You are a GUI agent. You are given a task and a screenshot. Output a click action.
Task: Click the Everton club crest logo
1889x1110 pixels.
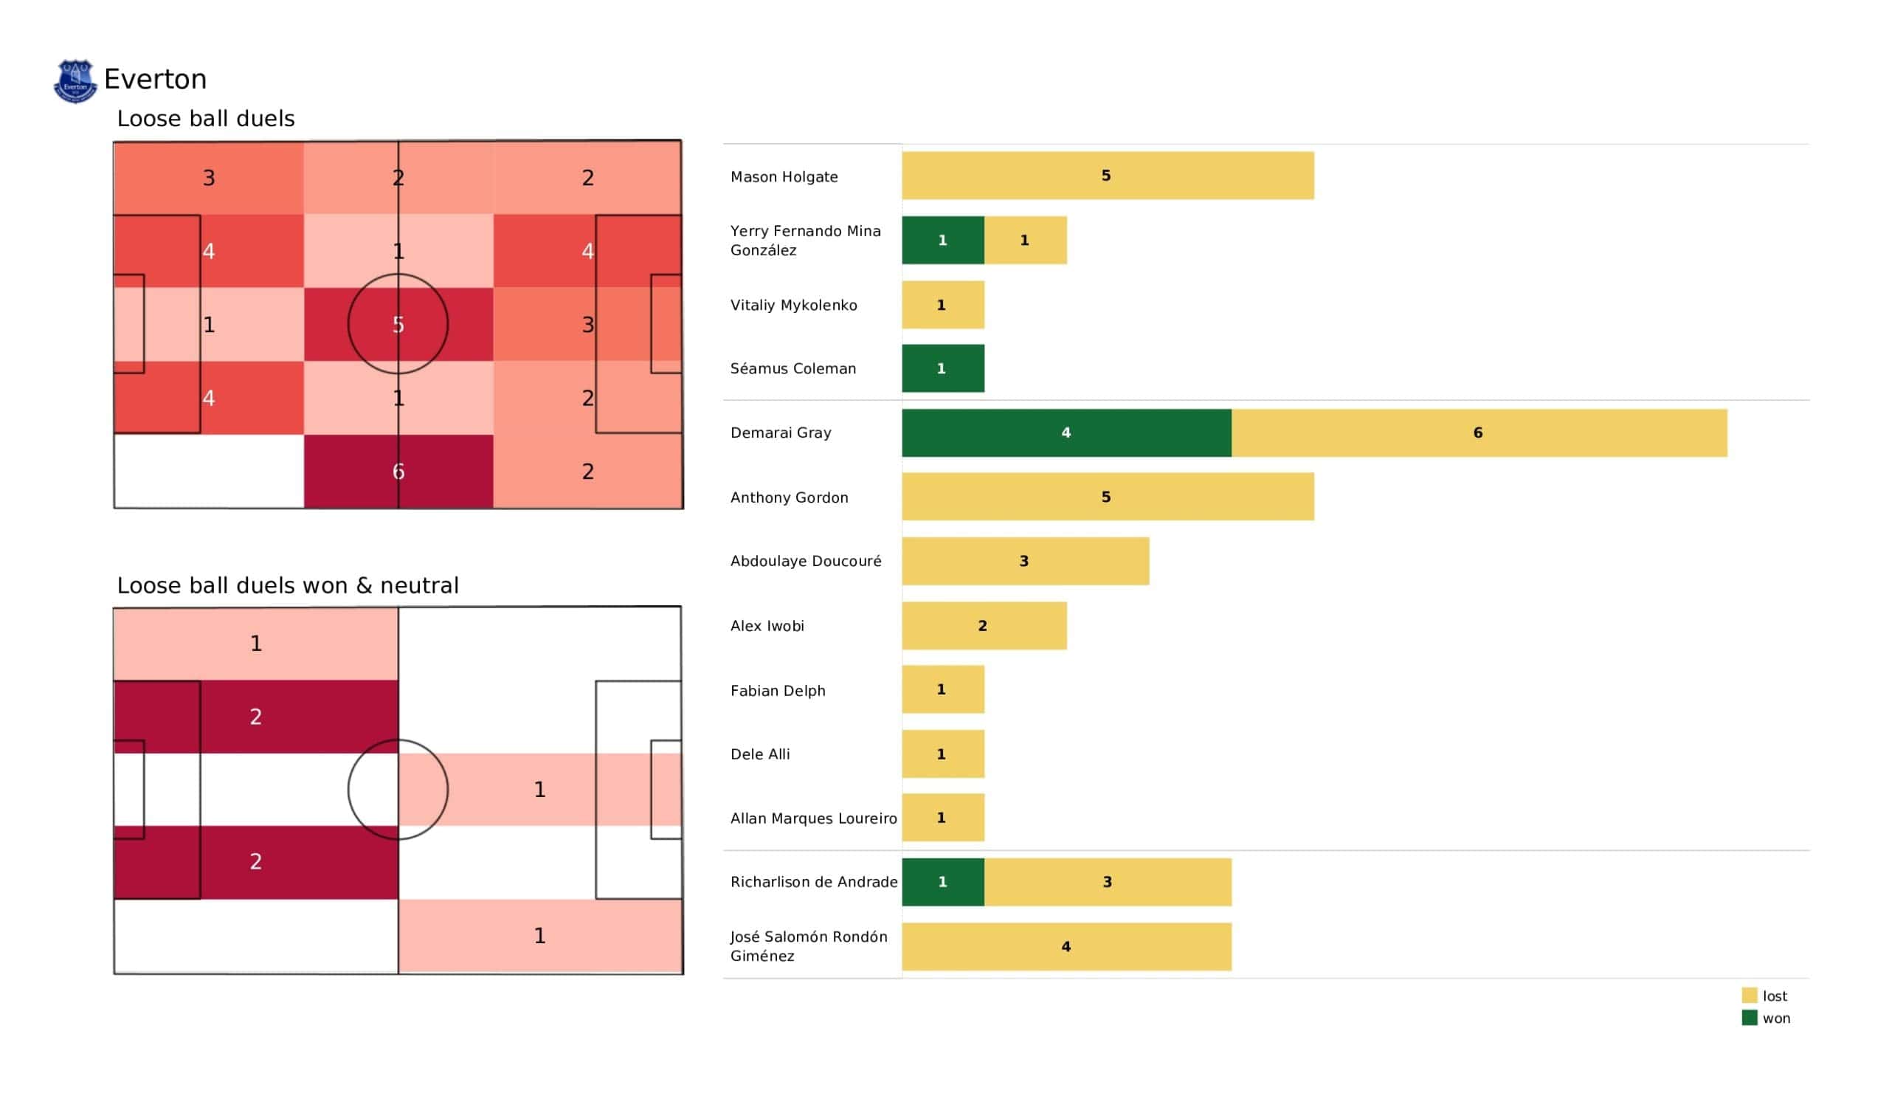(x=75, y=81)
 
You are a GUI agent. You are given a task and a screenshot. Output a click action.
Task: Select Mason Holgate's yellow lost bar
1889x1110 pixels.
(x=1107, y=176)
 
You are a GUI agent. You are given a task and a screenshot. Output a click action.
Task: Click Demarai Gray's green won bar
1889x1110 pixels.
(x=1066, y=432)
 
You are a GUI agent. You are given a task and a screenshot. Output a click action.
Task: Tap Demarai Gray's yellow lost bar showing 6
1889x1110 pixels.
(x=1478, y=432)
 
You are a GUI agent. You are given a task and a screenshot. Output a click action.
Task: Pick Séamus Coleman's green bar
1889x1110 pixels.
(x=942, y=368)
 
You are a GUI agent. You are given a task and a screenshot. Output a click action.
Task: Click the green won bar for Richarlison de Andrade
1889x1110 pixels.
(x=942, y=882)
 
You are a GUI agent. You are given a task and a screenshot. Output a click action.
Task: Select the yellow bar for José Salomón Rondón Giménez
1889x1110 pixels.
(x=1066, y=946)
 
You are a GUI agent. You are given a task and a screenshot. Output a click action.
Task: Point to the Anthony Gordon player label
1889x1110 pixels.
(x=790, y=497)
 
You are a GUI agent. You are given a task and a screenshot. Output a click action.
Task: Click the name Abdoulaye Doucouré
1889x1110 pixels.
(x=806, y=561)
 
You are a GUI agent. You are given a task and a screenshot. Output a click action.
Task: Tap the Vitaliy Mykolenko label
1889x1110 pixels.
(x=793, y=306)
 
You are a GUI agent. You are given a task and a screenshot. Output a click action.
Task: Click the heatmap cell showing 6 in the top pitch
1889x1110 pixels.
(x=398, y=471)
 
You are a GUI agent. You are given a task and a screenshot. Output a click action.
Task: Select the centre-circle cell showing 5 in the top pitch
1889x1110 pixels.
(x=398, y=324)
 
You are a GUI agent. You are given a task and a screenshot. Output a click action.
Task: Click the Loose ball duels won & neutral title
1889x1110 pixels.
(x=288, y=585)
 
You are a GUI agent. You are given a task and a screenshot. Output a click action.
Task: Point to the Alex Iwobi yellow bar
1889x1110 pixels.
(x=984, y=626)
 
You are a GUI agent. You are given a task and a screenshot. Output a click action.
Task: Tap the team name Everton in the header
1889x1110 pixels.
(x=155, y=80)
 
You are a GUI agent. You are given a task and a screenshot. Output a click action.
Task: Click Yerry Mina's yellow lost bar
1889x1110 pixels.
(x=1025, y=240)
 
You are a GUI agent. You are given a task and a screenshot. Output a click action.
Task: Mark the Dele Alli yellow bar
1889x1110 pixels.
(x=942, y=754)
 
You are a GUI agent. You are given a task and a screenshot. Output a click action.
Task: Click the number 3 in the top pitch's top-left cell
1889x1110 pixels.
(x=209, y=178)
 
